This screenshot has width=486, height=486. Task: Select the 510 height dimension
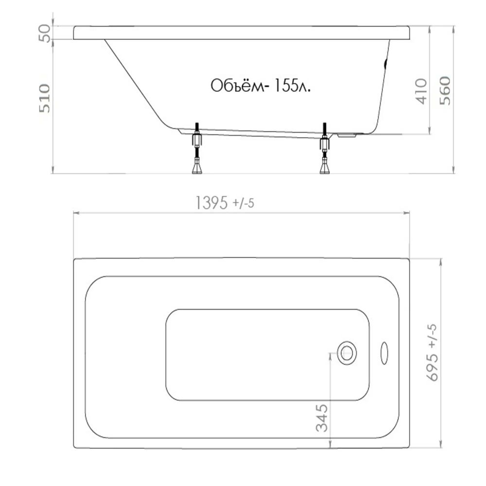point(45,98)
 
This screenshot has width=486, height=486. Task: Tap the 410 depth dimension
point(421,91)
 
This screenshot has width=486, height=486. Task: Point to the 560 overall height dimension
point(445,90)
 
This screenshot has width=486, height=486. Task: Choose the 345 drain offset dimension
point(322,418)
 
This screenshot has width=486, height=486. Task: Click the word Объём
point(238,86)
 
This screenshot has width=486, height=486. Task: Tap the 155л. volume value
point(291,86)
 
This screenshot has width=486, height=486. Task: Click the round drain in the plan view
point(347,353)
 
